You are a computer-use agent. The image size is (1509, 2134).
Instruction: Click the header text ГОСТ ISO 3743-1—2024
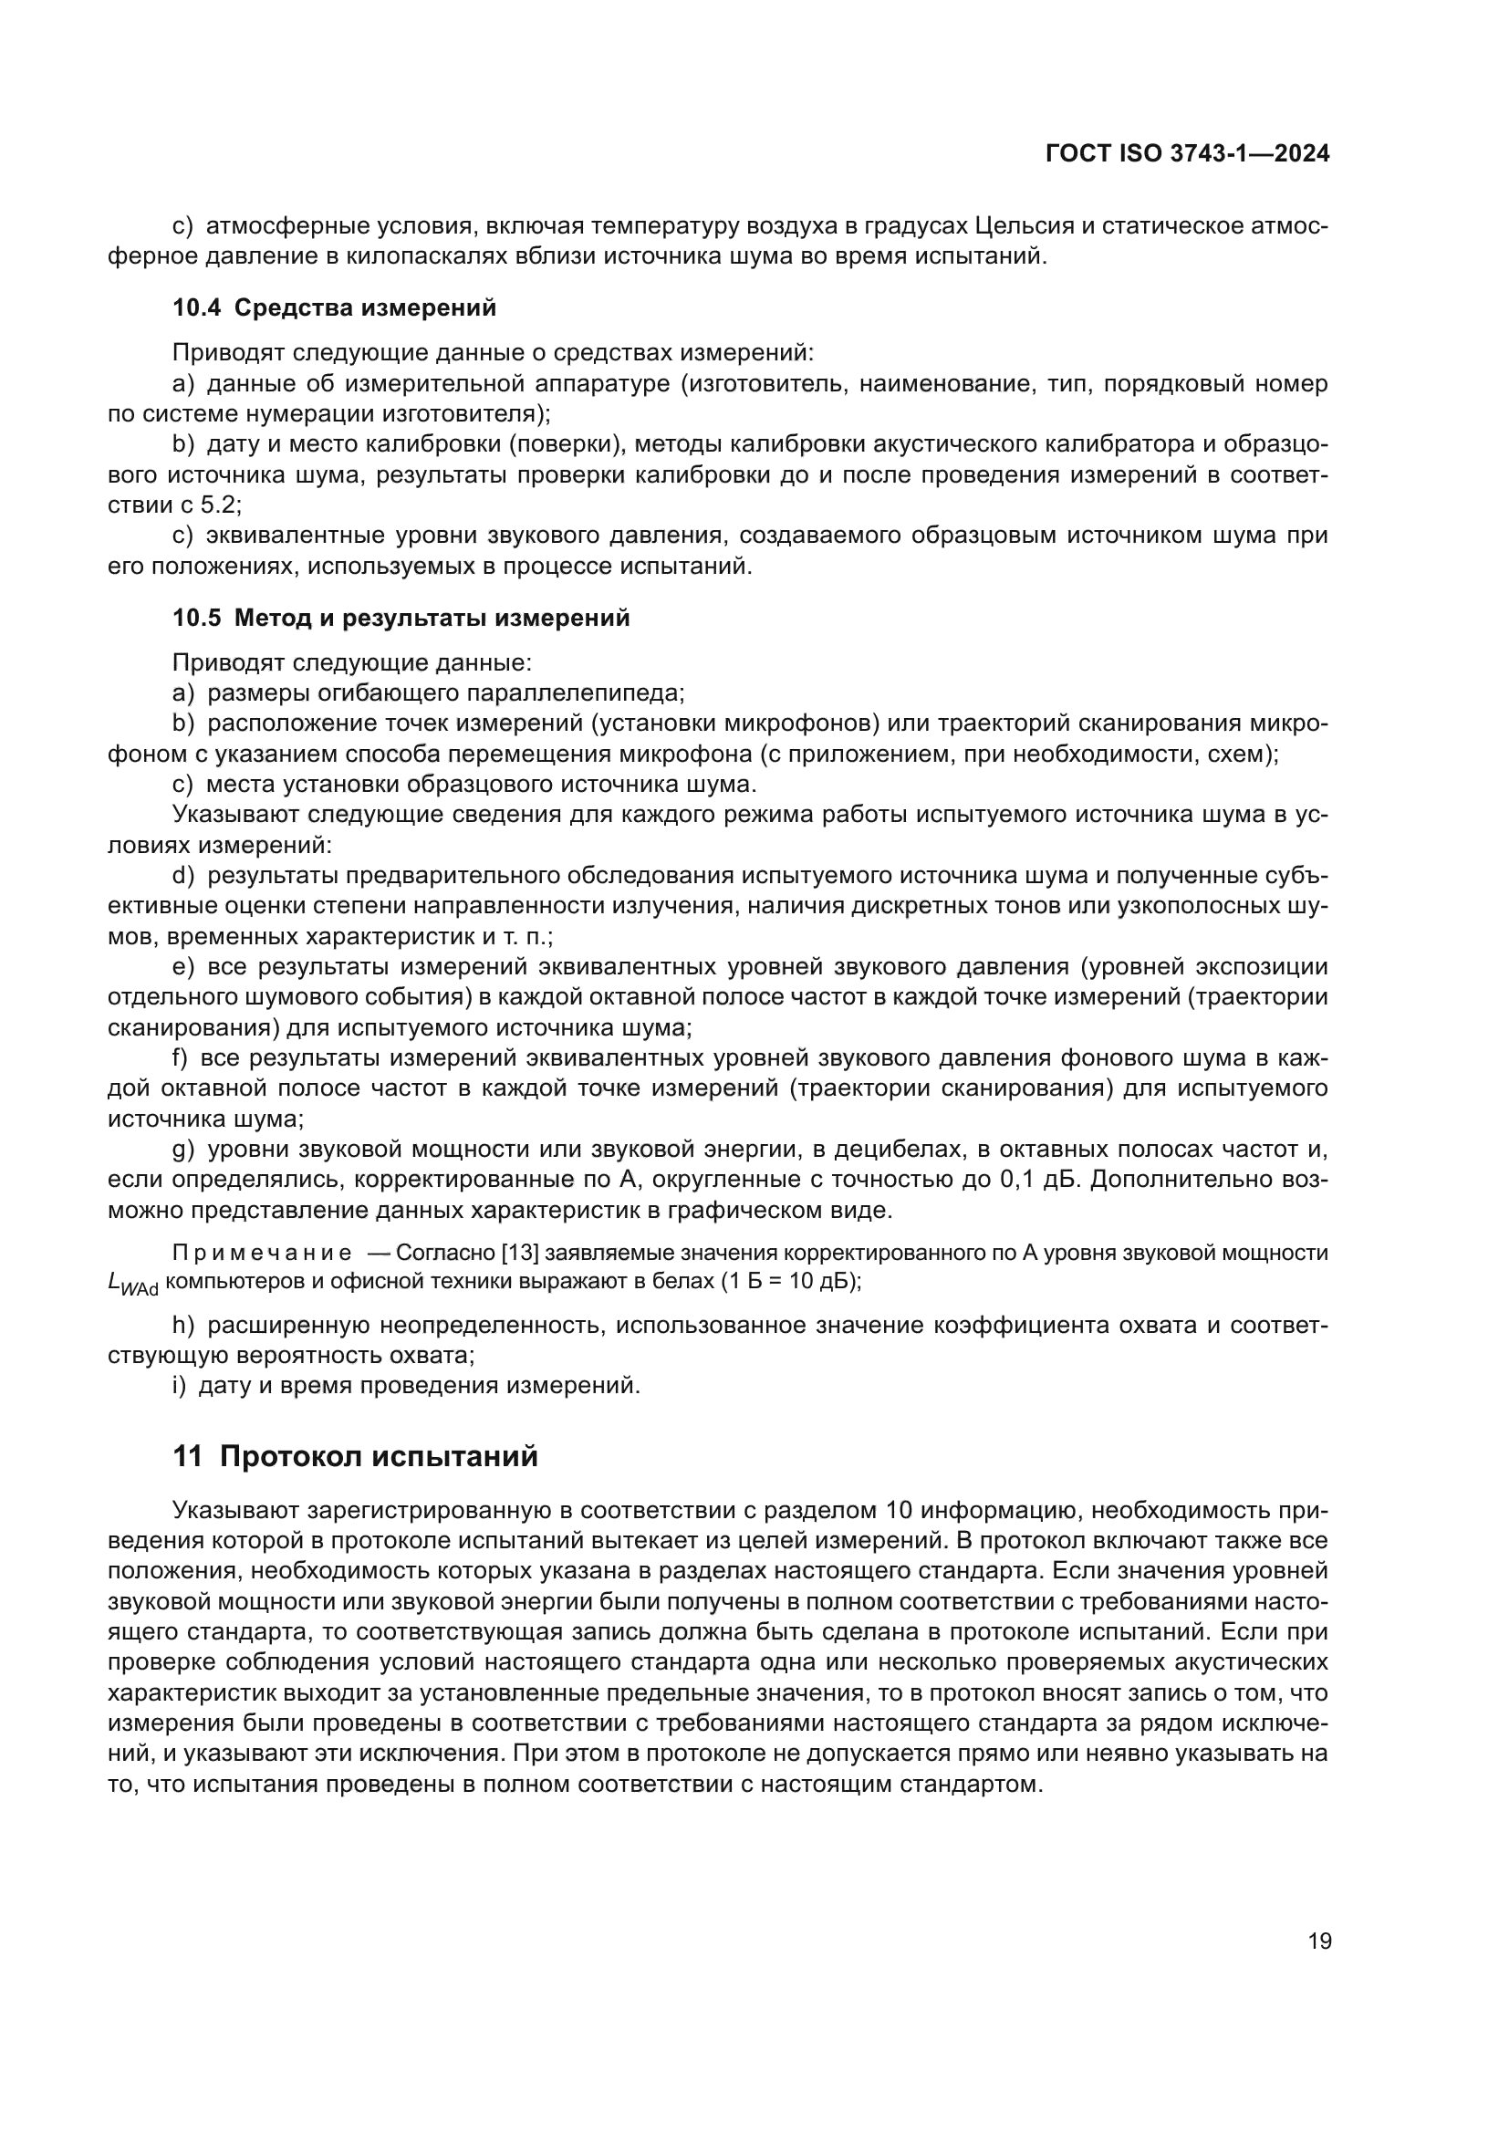(1187, 154)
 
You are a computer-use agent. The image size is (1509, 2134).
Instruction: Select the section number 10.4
(196, 307)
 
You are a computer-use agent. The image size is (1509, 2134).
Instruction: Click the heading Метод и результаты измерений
(432, 618)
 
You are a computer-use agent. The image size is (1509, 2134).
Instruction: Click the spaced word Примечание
(261, 1253)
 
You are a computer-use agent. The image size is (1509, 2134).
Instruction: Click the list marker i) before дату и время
(180, 1386)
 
